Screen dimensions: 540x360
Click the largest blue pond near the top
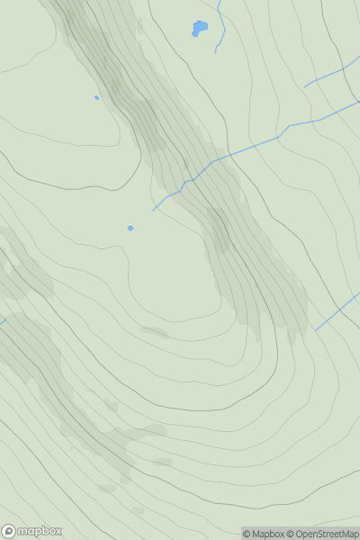(x=199, y=29)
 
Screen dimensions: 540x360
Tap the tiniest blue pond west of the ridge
(x=97, y=98)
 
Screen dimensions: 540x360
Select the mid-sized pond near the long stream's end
(x=130, y=229)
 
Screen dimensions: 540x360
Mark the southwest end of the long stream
(x=153, y=211)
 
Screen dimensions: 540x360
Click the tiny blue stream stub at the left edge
(x=3, y=321)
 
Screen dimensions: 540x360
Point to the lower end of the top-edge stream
(x=216, y=52)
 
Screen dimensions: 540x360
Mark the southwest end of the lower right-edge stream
(x=316, y=329)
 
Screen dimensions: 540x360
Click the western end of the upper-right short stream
(x=304, y=86)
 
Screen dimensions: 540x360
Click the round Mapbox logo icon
(x=9, y=531)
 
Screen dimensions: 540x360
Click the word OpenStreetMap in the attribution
(x=327, y=534)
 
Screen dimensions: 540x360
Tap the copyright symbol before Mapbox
(x=247, y=534)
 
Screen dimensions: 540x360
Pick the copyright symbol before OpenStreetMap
(x=291, y=534)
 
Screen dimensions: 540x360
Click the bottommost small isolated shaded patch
(x=139, y=510)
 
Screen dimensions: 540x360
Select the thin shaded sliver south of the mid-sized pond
(x=155, y=332)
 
